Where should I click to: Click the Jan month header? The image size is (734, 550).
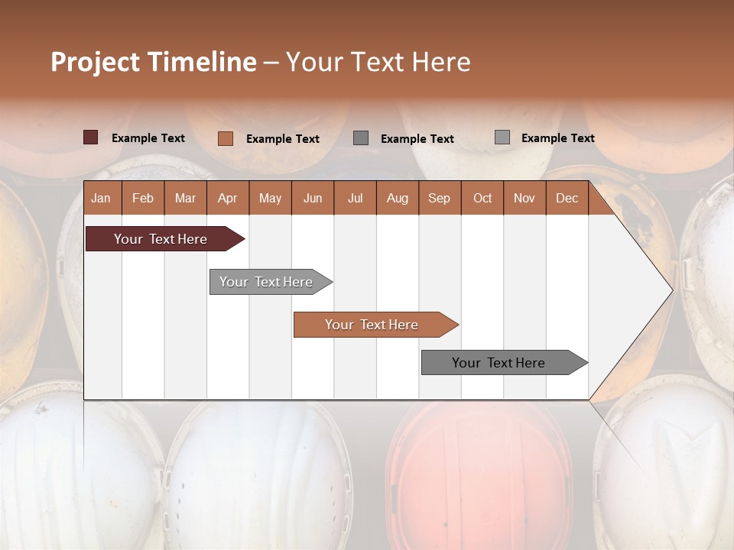pyautogui.click(x=102, y=198)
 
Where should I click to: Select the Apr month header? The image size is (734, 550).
pyautogui.click(x=228, y=198)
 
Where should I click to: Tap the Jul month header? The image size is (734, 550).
pyautogui.click(x=355, y=198)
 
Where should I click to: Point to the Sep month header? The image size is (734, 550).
pyautogui.click(x=439, y=198)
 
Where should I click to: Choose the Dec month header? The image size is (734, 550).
pyautogui.click(x=567, y=198)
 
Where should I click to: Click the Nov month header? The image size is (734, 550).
pyautogui.click(x=525, y=198)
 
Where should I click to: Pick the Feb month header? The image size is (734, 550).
pyautogui.click(x=143, y=198)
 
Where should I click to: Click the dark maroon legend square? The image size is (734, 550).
pyautogui.click(x=90, y=137)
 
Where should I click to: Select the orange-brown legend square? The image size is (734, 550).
pyautogui.click(x=225, y=138)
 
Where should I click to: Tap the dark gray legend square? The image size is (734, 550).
pyautogui.click(x=361, y=137)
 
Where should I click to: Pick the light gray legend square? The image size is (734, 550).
pyautogui.click(x=502, y=137)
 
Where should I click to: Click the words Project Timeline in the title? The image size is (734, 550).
pyautogui.click(x=153, y=62)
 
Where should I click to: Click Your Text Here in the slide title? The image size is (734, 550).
pyautogui.click(x=378, y=62)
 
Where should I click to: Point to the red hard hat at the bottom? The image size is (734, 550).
pyautogui.click(x=478, y=474)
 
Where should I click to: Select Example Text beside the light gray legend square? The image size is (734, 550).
pyautogui.click(x=557, y=138)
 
